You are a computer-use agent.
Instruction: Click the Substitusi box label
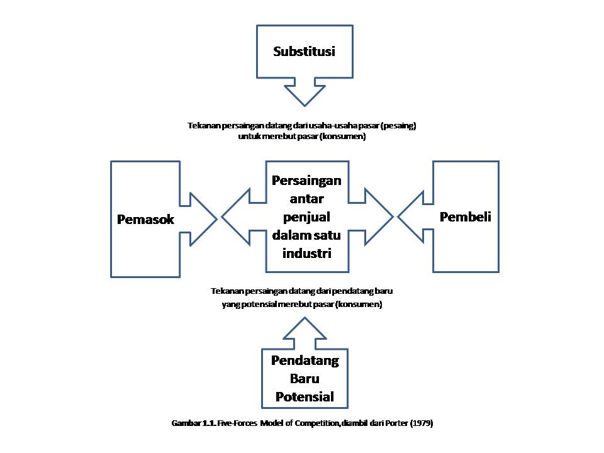click(x=304, y=51)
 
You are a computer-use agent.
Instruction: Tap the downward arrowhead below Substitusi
click(x=304, y=95)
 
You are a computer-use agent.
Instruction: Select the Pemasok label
click(x=145, y=220)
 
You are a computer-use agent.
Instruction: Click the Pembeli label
click(x=466, y=217)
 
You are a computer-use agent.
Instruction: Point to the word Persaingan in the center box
click(x=306, y=181)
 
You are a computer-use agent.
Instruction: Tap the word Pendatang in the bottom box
click(x=305, y=361)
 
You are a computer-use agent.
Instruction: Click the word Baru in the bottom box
click(x=305, y=379)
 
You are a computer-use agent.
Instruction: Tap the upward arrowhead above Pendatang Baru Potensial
click(x=305, y=328)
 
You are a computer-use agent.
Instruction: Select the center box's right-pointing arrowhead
click(x=379, y=218)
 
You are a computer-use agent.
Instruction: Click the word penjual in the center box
click(x=306, y=217)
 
